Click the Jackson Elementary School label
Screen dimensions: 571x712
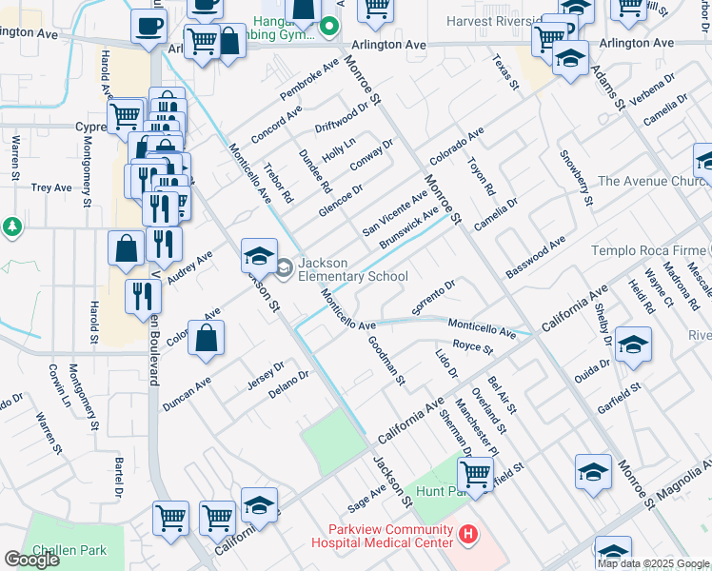click(353, 269)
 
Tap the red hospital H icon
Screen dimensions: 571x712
click(466, 536)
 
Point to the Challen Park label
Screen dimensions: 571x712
click(69, 550)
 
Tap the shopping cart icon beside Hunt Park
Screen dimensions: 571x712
click(475, 473)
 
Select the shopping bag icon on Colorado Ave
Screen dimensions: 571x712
click(206, 339)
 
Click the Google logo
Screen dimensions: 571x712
click(31, 560)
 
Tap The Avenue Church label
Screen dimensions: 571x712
click(651, 181)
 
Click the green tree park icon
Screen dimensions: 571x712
click(11, 227)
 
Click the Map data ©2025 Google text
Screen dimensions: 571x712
click(653, 563)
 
